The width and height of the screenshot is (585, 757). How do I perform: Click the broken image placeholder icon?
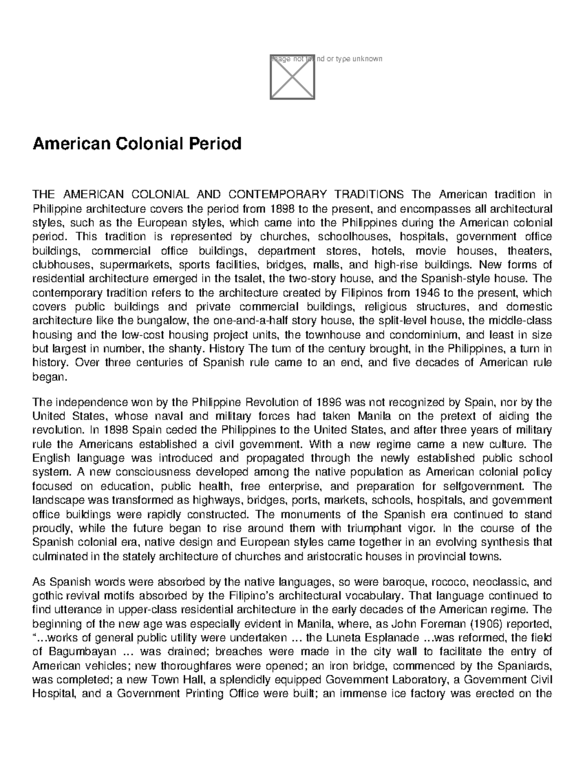292,77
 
